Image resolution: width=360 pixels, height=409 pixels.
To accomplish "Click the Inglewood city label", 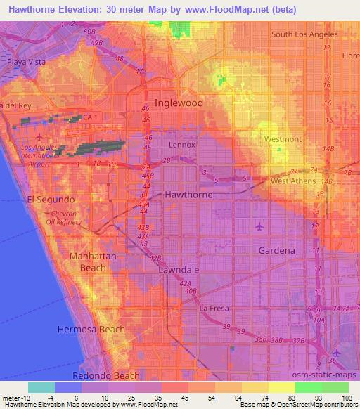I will pyautogui.click(x=179, y=103).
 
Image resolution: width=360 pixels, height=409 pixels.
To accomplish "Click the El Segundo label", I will pyautogui.click(x=51, y=199).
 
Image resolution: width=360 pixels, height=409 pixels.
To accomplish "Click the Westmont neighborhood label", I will pyautogui.click(x=283, y=139).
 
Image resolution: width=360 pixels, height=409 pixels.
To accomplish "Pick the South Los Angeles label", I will pyautogui.click(x=304, y=34).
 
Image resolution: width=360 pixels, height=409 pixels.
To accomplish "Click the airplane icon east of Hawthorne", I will pyautogui.click(x=261, y=226).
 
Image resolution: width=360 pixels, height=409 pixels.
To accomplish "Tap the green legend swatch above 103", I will pyautogui.click(x=335, y=387).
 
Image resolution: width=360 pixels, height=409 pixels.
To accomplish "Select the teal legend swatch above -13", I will pyautogui.click(x=41, y=387).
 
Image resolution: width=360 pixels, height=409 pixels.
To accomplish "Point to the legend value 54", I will pyautogui.click(x=202, y=398).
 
